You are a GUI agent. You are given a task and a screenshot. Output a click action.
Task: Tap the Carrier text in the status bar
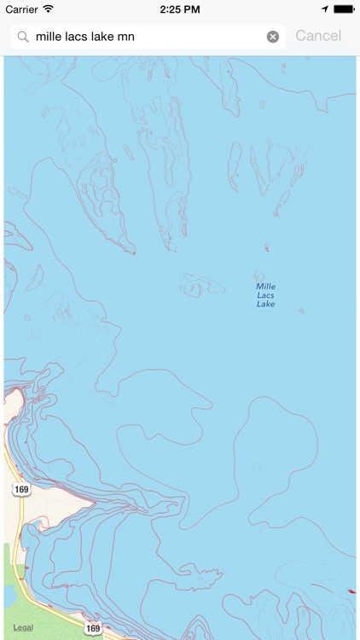coord(21,9)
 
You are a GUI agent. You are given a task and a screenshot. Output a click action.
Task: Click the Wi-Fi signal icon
coord(48,9)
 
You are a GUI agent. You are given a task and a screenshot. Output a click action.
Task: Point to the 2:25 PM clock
coord(179,9)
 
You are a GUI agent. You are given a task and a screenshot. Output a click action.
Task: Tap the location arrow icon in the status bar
coord(324,9)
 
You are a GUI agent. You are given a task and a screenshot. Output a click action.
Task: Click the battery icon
coord(343,9)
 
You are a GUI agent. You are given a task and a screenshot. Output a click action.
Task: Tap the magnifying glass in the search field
coord(23,37)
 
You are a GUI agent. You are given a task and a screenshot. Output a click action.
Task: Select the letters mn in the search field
coord(126,37)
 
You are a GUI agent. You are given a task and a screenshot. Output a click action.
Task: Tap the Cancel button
coord(317,36)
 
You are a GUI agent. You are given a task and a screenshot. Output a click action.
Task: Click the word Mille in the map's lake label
coord(266,287)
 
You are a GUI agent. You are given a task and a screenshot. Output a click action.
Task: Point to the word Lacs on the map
coord(266,295)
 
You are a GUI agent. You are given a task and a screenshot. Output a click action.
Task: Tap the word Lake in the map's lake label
coord(266,304)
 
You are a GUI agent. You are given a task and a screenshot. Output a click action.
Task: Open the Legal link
coord(23,627)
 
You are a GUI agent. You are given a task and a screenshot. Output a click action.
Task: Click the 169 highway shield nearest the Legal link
coord(93,629)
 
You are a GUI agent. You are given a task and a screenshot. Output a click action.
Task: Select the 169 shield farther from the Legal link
coord(21,489)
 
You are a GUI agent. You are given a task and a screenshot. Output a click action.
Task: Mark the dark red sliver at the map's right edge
coord(350,591)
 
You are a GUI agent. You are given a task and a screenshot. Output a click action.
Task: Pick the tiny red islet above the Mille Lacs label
coord(266,248)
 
